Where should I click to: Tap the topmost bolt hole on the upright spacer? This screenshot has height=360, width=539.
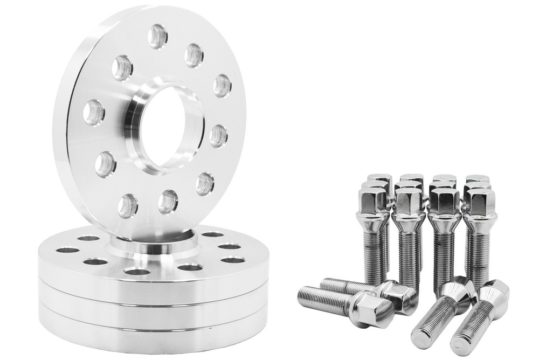coord(157,36)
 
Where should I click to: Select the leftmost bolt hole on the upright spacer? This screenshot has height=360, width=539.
coord(94,113)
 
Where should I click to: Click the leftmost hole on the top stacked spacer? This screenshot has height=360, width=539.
coord(67,251)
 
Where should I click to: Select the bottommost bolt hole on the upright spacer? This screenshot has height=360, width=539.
coord(128,205)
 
